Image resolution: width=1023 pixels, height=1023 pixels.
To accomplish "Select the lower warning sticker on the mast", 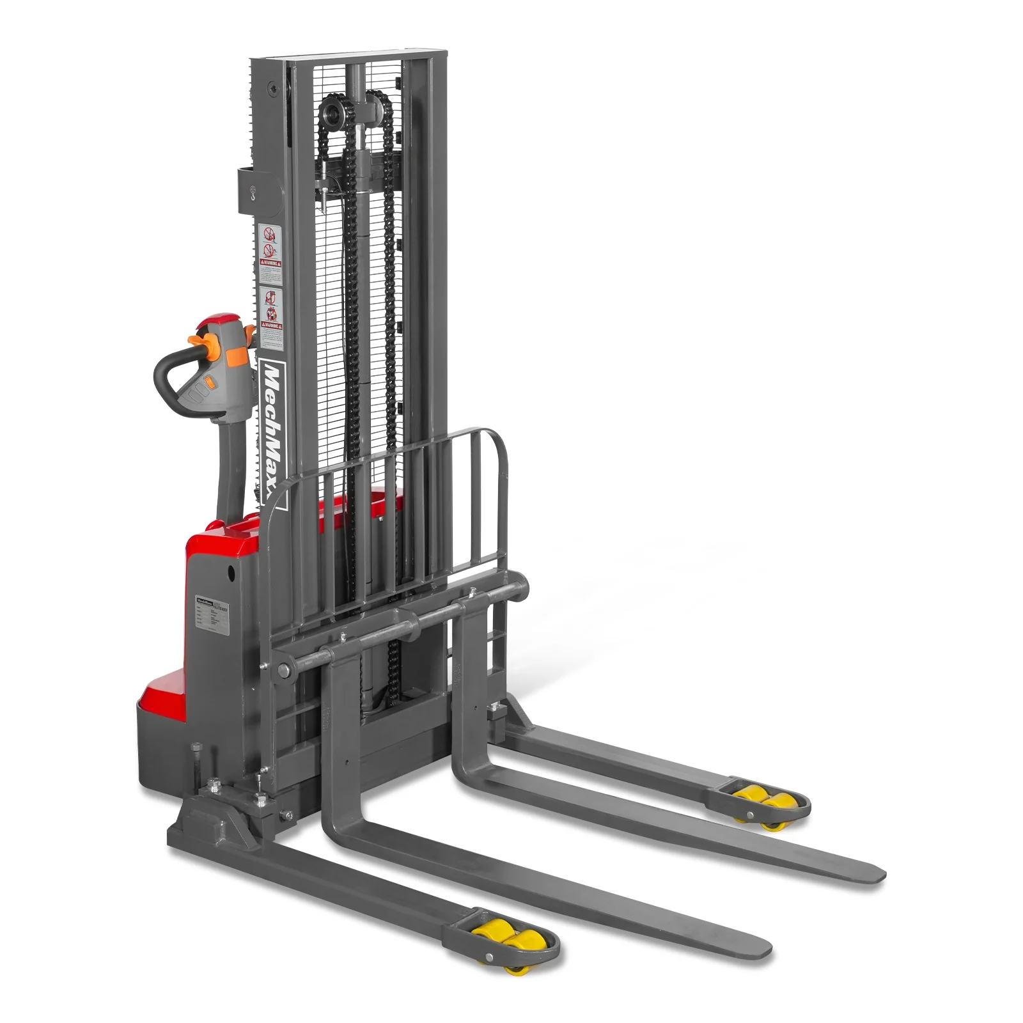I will click(272, 316).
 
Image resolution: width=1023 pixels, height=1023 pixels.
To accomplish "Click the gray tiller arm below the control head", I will click(230, 460).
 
